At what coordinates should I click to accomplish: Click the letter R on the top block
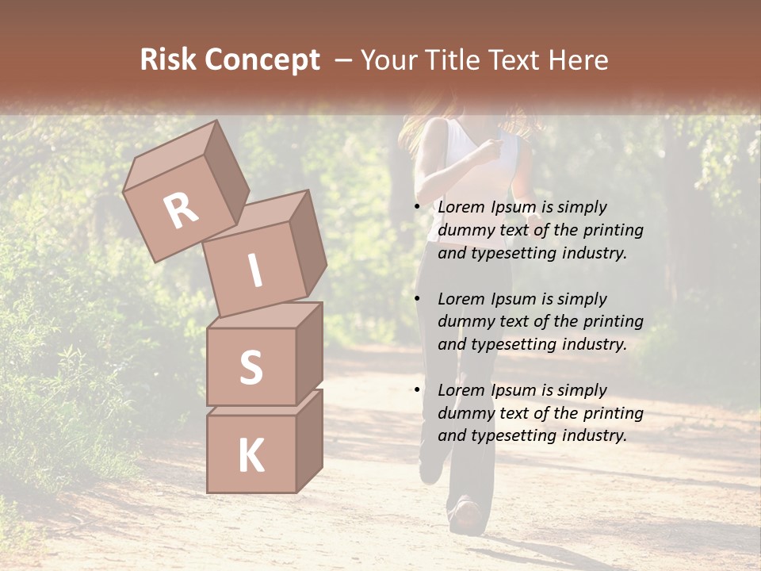click(x=181, y=210)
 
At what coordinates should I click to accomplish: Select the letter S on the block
click(x=250, y=367)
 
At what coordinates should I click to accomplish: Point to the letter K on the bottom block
click(x=250, y=456)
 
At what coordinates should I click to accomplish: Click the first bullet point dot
click(x=417, y=208)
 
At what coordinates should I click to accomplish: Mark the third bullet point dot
click(x=417, y=391)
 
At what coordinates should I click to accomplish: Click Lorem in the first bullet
click(x=460, y=207)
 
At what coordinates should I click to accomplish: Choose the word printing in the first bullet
click(x=613, y=230)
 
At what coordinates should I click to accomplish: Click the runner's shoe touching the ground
click(x=465, y=518)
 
